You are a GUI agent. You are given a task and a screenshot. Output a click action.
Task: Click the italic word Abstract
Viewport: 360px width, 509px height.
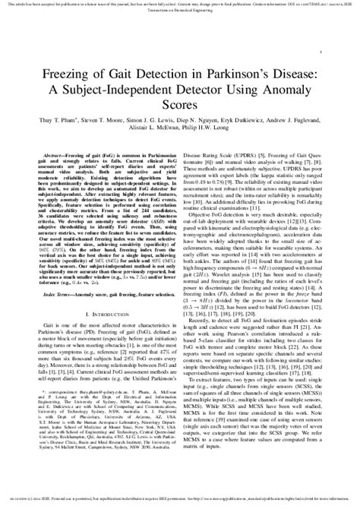coord(54,154)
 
